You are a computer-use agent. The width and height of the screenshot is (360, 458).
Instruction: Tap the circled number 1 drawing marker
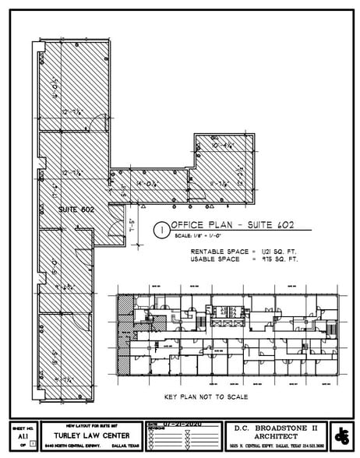[x=161, y=230]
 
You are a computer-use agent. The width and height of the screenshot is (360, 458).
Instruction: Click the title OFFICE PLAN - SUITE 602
[x=231, y=226]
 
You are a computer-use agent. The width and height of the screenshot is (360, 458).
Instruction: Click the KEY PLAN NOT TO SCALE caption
[x=206, y=396]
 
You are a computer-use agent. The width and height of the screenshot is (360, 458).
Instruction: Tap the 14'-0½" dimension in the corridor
[x=146, y=183]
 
